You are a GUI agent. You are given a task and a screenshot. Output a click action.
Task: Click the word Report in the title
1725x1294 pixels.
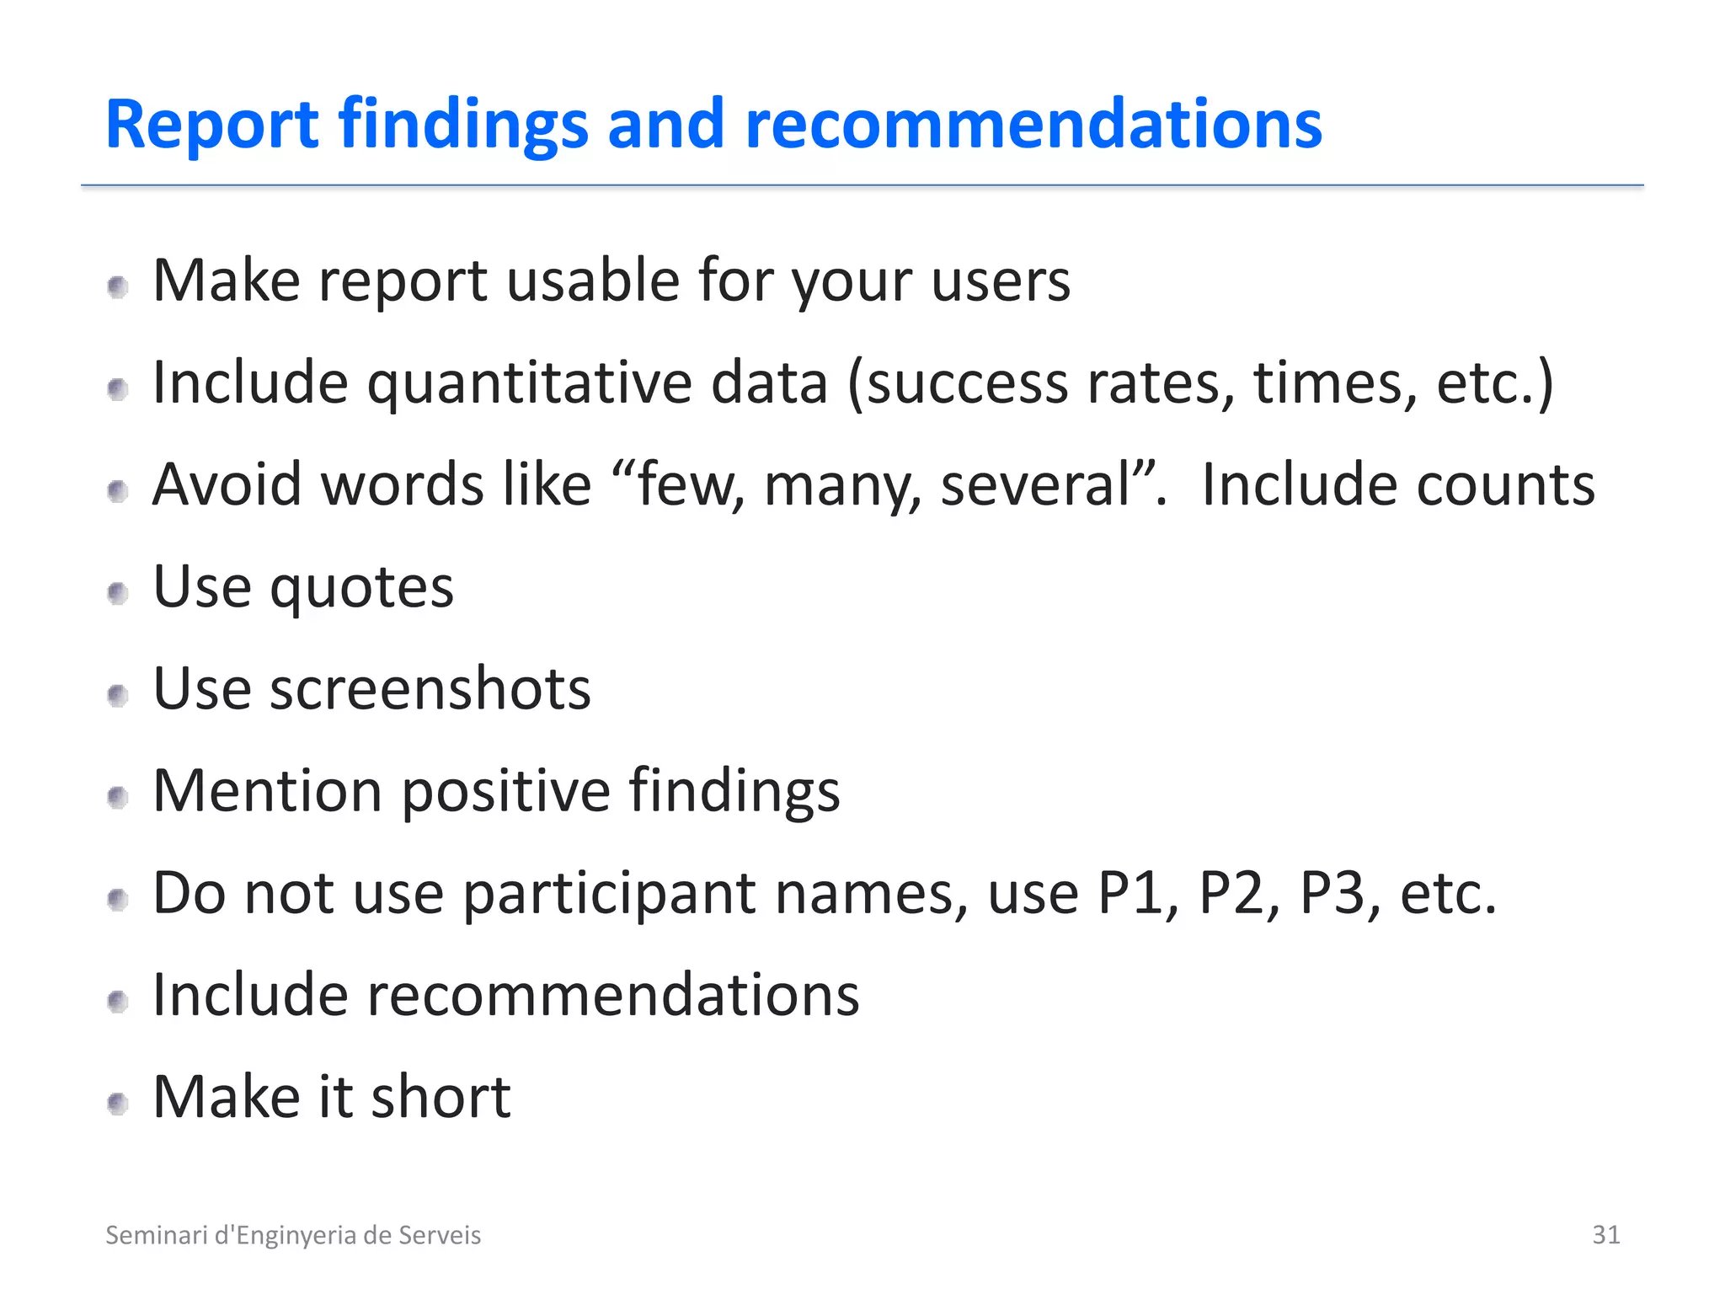click(211, 125)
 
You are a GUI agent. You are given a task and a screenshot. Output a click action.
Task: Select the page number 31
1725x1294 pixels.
click(1605, 1234)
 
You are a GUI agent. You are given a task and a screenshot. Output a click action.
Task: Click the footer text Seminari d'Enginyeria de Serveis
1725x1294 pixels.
click(293, 1235)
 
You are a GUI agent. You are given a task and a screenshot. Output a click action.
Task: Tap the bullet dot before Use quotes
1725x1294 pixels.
click(118, 593)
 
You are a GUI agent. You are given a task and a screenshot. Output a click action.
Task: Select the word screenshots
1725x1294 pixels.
click(430, 689)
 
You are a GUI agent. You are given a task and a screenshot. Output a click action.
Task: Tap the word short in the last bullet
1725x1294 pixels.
click(441, 1098)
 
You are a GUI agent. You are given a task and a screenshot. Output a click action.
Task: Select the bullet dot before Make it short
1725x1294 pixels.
click(118, 1104)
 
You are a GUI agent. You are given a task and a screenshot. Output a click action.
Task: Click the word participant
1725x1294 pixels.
click(608, 894)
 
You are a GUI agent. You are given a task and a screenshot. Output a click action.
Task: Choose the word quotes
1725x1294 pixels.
click(361, 587)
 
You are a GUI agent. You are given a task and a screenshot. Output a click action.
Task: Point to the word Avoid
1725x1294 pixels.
click(227, 485)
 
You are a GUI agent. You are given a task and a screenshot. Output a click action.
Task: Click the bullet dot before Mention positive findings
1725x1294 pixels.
click(118, 797)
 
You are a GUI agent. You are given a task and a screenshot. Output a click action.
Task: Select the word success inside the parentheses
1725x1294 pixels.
click(966, 383)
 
